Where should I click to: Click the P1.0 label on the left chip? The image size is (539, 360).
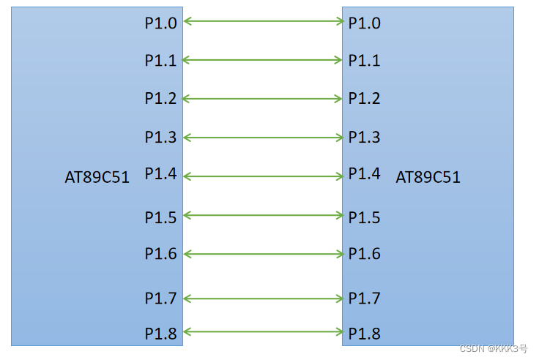160,23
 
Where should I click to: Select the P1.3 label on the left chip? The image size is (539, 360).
160,137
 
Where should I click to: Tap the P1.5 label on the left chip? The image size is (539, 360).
160,217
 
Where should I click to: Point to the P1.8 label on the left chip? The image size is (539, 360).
160,334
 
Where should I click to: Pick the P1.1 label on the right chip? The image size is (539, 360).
364,60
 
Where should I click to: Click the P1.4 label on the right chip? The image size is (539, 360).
364,173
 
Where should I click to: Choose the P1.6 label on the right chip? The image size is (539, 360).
364,253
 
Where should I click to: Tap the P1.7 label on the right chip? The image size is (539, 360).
364,298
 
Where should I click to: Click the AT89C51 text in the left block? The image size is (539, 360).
97,177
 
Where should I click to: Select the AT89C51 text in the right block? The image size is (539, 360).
428,177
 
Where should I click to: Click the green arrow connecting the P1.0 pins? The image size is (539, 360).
263,21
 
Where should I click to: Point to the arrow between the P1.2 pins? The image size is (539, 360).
263,97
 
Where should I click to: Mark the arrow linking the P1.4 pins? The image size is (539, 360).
263,176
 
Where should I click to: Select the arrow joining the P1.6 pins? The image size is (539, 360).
263,253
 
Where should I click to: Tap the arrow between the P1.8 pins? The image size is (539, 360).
263,332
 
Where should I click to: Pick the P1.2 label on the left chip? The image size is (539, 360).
160,98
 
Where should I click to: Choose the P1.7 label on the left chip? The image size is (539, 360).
160,298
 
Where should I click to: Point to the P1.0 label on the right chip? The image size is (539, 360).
364,23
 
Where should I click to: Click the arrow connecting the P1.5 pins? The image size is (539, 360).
263,215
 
